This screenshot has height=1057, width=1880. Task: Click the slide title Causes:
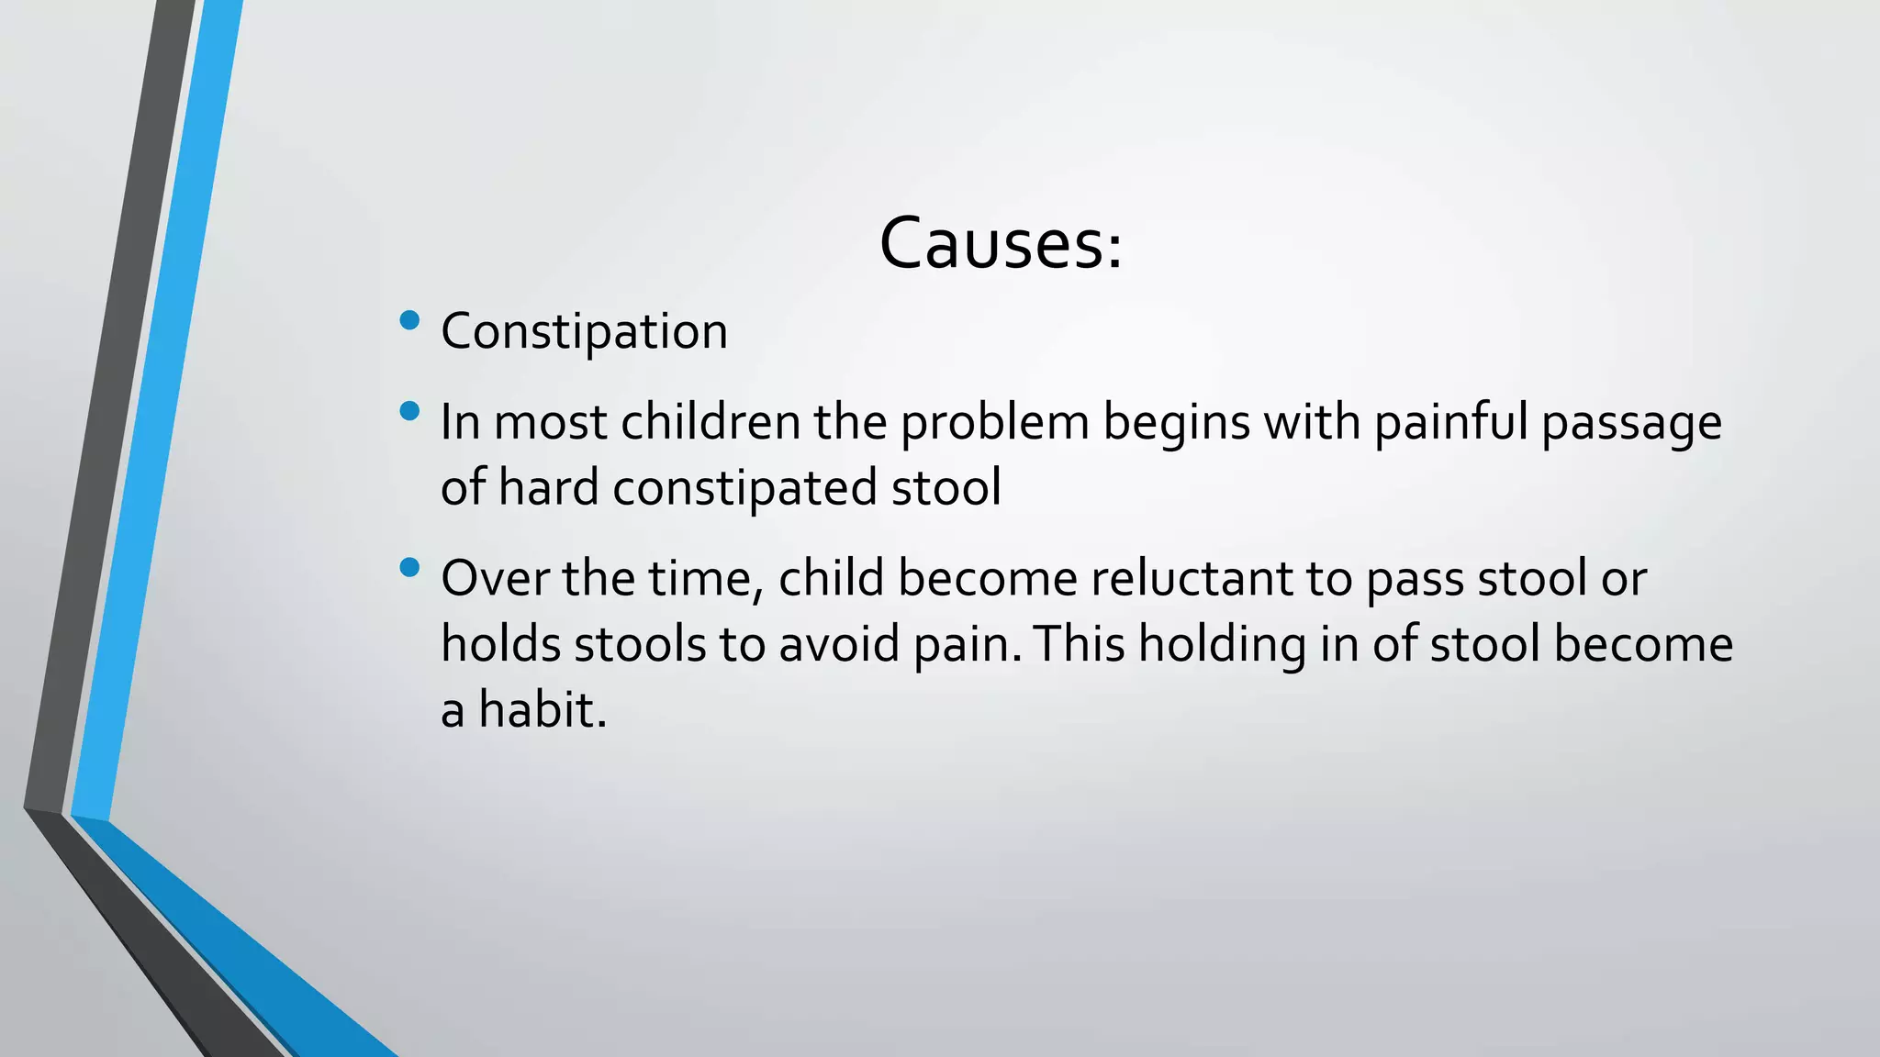[x=1001, y=244]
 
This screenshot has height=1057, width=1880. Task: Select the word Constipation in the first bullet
[x=584, y=331]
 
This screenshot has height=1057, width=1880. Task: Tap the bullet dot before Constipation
[x=410, y=320]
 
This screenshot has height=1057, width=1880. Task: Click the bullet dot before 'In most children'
[x=410, y=411]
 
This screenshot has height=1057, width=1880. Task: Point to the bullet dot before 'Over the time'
[x=410, y=568]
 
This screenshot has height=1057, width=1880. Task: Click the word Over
[x=494, y=579]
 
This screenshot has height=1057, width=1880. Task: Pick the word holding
[x=1222, y=646]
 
